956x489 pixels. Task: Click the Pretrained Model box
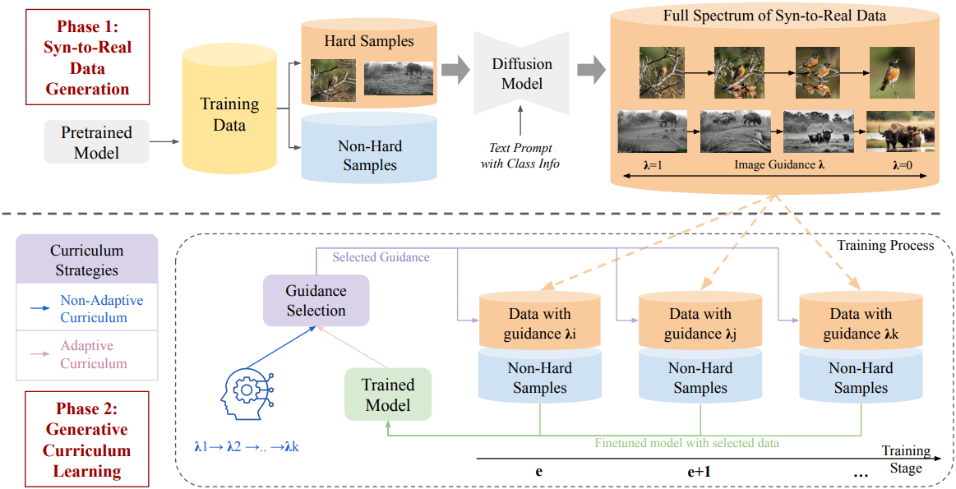[97, 142]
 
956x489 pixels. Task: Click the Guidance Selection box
[316, 301]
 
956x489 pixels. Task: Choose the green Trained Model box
[388, 394]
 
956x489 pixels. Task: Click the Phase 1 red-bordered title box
[88, 57]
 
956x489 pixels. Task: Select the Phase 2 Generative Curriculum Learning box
[88, 440]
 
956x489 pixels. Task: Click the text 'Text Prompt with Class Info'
[520, 156]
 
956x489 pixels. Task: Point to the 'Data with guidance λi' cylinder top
[539, 323]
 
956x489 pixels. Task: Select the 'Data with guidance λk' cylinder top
[861, 323]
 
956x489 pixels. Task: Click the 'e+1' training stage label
[700, 473]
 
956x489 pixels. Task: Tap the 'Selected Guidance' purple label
[381, 257]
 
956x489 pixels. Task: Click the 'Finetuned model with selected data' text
[686, 443]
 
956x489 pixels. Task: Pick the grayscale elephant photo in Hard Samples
[398, 79]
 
